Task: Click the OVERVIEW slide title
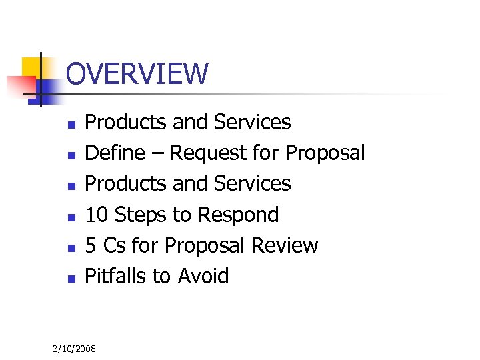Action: pos(137,73)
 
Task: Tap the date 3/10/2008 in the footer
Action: pos(75,349)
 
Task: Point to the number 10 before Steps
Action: pos(97,215)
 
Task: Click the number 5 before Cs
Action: pos(91,245)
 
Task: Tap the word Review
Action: pos(285,245)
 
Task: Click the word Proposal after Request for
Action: pos(325,153)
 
